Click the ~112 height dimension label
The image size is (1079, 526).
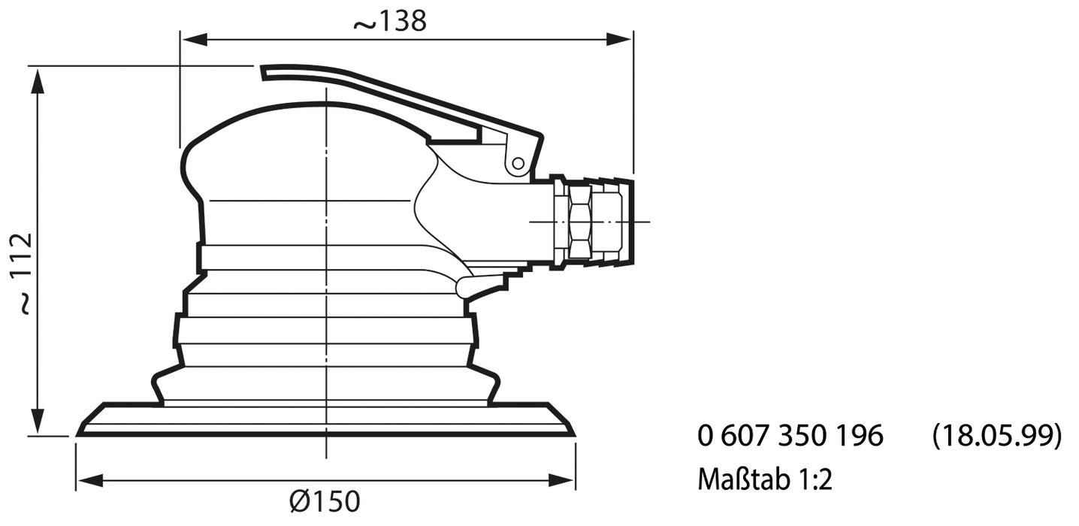(24, 273)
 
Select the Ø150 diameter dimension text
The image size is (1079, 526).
(325, 500)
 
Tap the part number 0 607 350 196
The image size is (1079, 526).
(790, 436)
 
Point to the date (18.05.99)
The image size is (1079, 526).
(996, 436)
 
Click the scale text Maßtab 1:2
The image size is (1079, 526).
(764, 479)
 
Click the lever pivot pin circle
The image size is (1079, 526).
(517, 163)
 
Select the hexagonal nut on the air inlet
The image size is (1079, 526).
(580, 222)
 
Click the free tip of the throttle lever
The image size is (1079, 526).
(265, 72)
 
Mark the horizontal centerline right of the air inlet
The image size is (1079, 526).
(642, 222)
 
